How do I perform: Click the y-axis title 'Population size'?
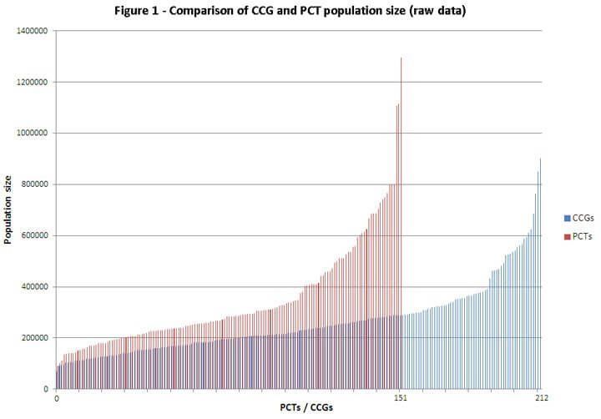point(8,209)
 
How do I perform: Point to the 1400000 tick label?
point(32,31)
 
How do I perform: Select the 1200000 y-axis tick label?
point(32,82)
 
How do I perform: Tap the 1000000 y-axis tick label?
point(32,133)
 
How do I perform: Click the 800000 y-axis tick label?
point(34,184)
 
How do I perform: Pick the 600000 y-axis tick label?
point(34,235)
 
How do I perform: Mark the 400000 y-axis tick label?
point(34,287)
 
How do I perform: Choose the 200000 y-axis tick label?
point(34,338)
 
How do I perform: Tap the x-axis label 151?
point(402,397)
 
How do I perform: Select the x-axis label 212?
point(541,397)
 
